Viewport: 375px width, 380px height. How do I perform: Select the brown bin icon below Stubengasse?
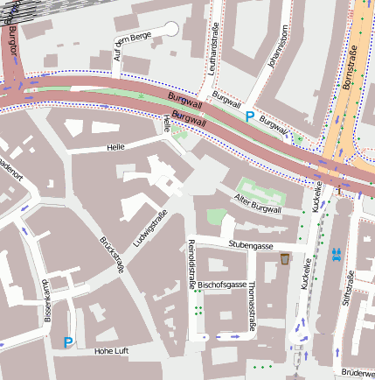286,259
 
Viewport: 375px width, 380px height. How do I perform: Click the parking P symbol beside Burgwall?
249,116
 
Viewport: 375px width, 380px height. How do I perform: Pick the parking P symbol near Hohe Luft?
68,342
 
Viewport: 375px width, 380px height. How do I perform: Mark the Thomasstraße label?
251,306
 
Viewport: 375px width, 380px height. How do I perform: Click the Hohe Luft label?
110,351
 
